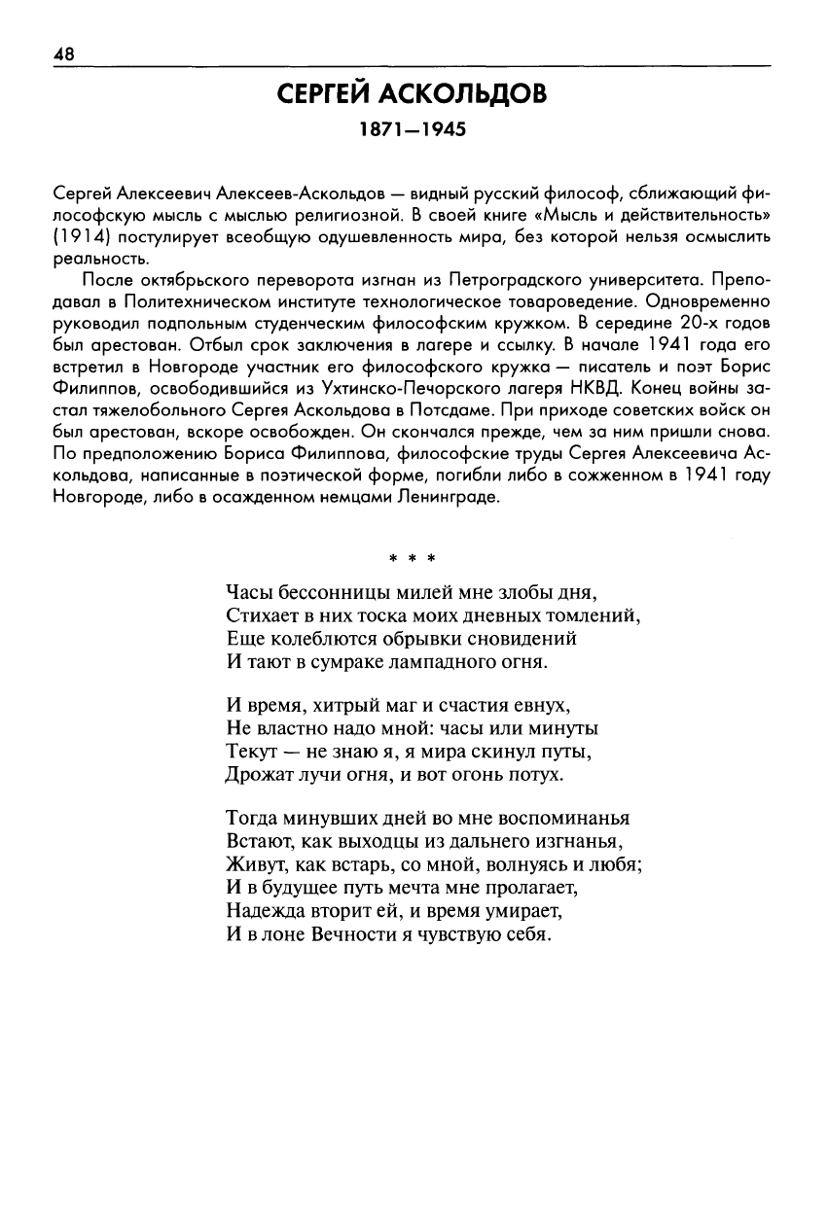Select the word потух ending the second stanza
coord(537,775)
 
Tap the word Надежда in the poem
coord(265,912)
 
